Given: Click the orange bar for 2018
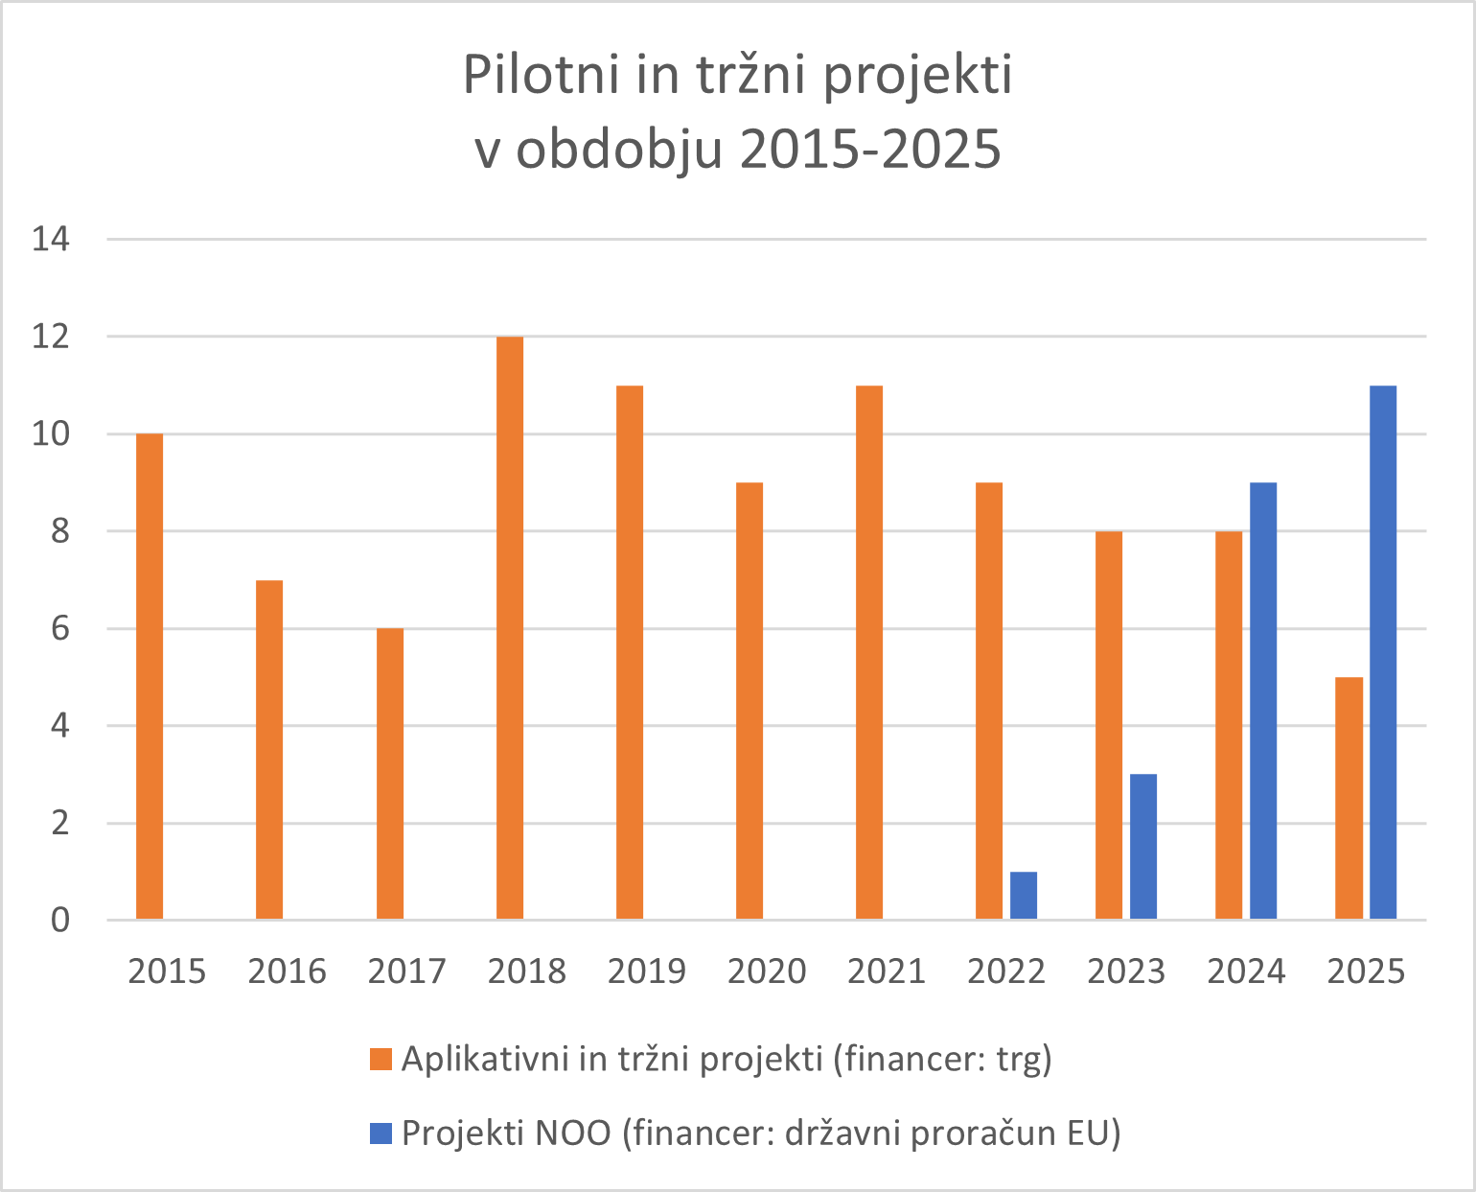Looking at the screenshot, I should (510, 628).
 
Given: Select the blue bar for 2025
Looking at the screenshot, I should (1382, 652).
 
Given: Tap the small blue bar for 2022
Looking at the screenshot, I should (1023, 895).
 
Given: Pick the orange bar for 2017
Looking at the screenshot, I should (390, 774).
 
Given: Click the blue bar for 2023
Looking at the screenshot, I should (1142, 846).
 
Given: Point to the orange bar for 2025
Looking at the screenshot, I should (1349, 798).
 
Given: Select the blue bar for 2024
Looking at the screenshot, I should (1262, 700).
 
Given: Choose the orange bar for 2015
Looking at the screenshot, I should (150, 676).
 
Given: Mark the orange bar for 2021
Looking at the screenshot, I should (869, 652).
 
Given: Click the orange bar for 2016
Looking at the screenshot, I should (269, 749).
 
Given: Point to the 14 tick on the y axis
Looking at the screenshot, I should (51, 239).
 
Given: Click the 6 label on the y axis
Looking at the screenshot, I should (59, 629).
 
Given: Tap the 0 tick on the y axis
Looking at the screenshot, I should (59, 921).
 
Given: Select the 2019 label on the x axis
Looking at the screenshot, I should (647, 971).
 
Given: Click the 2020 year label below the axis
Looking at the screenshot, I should (767, 971).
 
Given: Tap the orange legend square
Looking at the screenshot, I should (381, 1060).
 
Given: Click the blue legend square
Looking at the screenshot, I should (381, 1134).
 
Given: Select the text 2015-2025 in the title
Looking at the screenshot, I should (870, 150).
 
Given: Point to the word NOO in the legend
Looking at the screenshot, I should (573, 1134).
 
